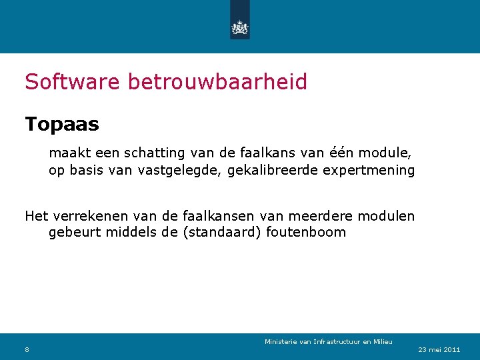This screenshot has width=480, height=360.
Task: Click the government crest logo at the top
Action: point(239,27)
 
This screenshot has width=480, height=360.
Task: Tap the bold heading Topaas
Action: point(62,124)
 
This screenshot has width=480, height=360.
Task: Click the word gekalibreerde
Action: point(273,170)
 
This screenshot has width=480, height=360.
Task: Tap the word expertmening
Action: point(369,170)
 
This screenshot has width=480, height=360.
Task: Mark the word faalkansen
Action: point(217,216)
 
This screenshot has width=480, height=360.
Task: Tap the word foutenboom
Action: point(308,233)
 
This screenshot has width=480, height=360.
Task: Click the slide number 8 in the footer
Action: point(27,349)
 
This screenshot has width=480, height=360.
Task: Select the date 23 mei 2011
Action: point(439,349)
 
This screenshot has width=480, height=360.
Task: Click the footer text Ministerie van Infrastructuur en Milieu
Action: point(328,342)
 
